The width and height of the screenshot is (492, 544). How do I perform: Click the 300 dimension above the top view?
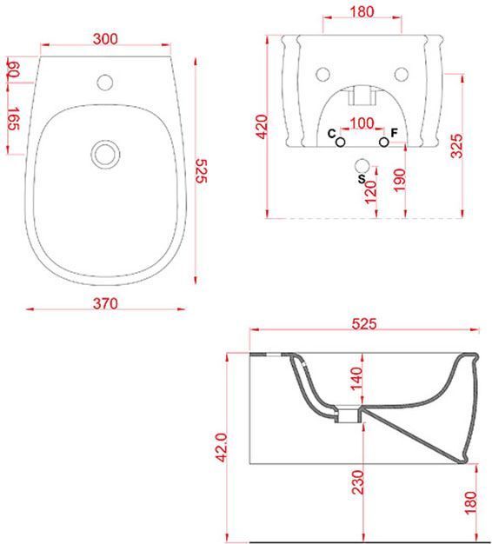pos(105,39)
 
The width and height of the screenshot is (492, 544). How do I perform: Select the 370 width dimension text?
pos(105,303)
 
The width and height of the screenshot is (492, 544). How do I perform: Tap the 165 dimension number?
pos(14,119)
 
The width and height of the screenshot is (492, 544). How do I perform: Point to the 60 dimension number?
pos(13,70)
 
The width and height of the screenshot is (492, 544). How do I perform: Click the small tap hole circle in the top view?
pos(105,83)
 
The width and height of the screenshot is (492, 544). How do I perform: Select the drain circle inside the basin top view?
pos(105,155)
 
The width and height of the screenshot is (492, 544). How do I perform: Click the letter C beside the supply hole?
pos(332,134)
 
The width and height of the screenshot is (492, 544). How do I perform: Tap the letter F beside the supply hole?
pos(394,133)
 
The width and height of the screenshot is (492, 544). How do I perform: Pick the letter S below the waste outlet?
pos(362,179)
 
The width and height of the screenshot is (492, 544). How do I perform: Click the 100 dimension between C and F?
pos(362,123)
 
